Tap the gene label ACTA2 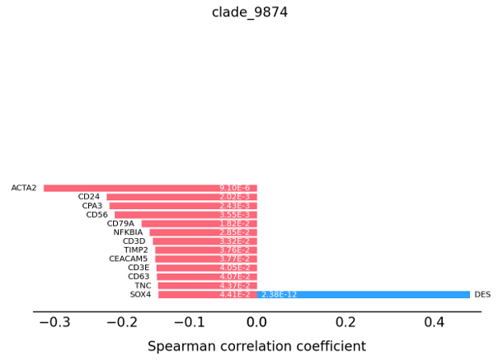(24, 188)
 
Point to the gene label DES (482, 294)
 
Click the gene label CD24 (88, 197)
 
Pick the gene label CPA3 (92, 206)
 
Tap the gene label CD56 (96, 215)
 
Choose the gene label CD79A (120, 223)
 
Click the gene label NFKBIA (128, 232)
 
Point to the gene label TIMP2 (135, 250)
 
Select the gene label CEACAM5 (128, 259)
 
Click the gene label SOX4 (140, 294)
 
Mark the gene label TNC (143, 285)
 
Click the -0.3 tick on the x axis (54, 323)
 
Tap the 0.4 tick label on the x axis (435, 323)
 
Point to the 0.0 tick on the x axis (257, 323)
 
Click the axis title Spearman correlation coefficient (256, 346)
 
